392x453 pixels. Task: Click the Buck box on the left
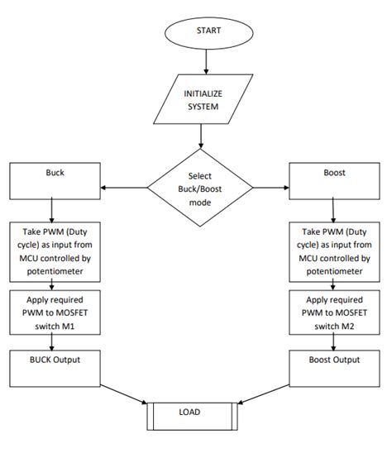(53, 180)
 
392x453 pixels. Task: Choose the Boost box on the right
(335, 180)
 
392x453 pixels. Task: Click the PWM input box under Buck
(53, 252)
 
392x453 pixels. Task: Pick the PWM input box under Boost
(335, 252)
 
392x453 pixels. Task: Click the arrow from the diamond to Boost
(270, 188)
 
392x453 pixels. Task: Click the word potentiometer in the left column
(53, 270)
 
